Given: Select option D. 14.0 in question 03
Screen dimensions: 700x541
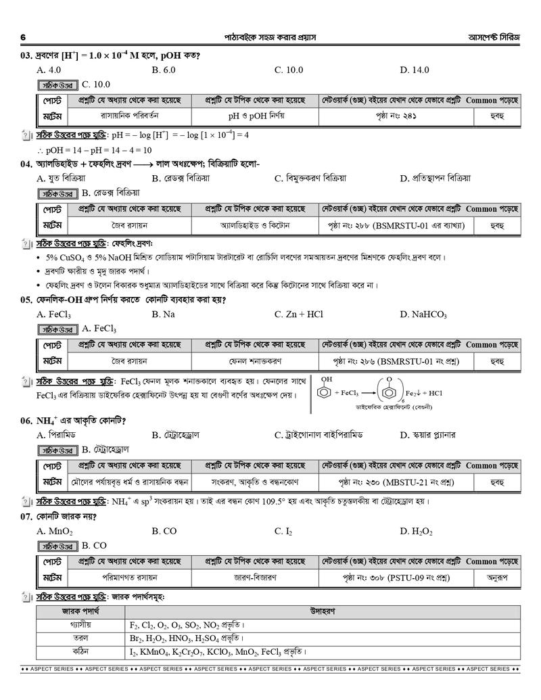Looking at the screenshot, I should (x=415, y=70).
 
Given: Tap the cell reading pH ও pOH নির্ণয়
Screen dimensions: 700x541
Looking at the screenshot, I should (x=256, y=116).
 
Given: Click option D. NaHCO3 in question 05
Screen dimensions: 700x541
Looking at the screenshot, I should (x=423, y=314).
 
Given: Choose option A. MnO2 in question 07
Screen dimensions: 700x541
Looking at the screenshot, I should (x=55, y=531).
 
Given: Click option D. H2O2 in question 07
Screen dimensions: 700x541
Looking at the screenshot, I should (x=416, y=531).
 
